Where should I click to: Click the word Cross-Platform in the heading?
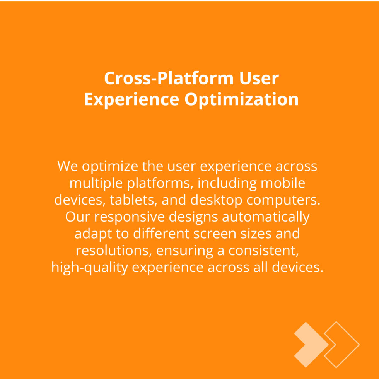coord(169,78)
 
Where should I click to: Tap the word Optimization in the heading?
coord(242,99)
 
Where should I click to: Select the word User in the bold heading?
coord(259,78)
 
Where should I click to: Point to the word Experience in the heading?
coord(131,99)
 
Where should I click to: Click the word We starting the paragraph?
coord(67,166)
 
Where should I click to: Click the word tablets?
coord(132,200)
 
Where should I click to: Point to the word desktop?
coord(216,200)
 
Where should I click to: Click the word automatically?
coord(266,217)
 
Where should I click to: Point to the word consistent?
coord(264,251)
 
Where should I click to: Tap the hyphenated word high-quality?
coord(90,268)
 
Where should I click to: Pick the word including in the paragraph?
coord(227,183)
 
